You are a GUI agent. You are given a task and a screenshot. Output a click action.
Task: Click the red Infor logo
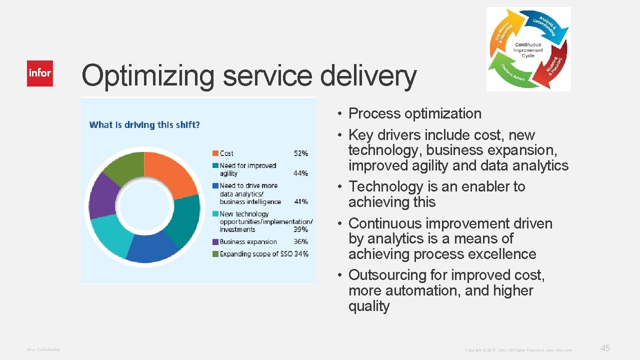[x=40, y=73]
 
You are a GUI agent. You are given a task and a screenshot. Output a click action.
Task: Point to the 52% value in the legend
[x=300, y=153]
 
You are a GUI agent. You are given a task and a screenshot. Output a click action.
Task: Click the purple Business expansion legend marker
[x=215, y=241]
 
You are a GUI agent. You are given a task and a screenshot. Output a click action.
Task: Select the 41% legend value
[x=300, y=201]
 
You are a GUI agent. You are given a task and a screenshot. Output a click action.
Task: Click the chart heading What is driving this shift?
[x=144, y=124]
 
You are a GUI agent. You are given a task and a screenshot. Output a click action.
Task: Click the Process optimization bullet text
[x=414, y=113]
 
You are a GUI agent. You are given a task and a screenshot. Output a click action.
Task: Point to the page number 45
[x=605, y=348]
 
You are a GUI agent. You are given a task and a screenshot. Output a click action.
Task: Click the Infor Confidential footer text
[x=43, y=349]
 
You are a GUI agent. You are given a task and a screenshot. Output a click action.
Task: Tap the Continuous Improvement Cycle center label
[x=528, y=50]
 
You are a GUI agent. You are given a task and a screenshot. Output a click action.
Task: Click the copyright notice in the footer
[x=518, y=350]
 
